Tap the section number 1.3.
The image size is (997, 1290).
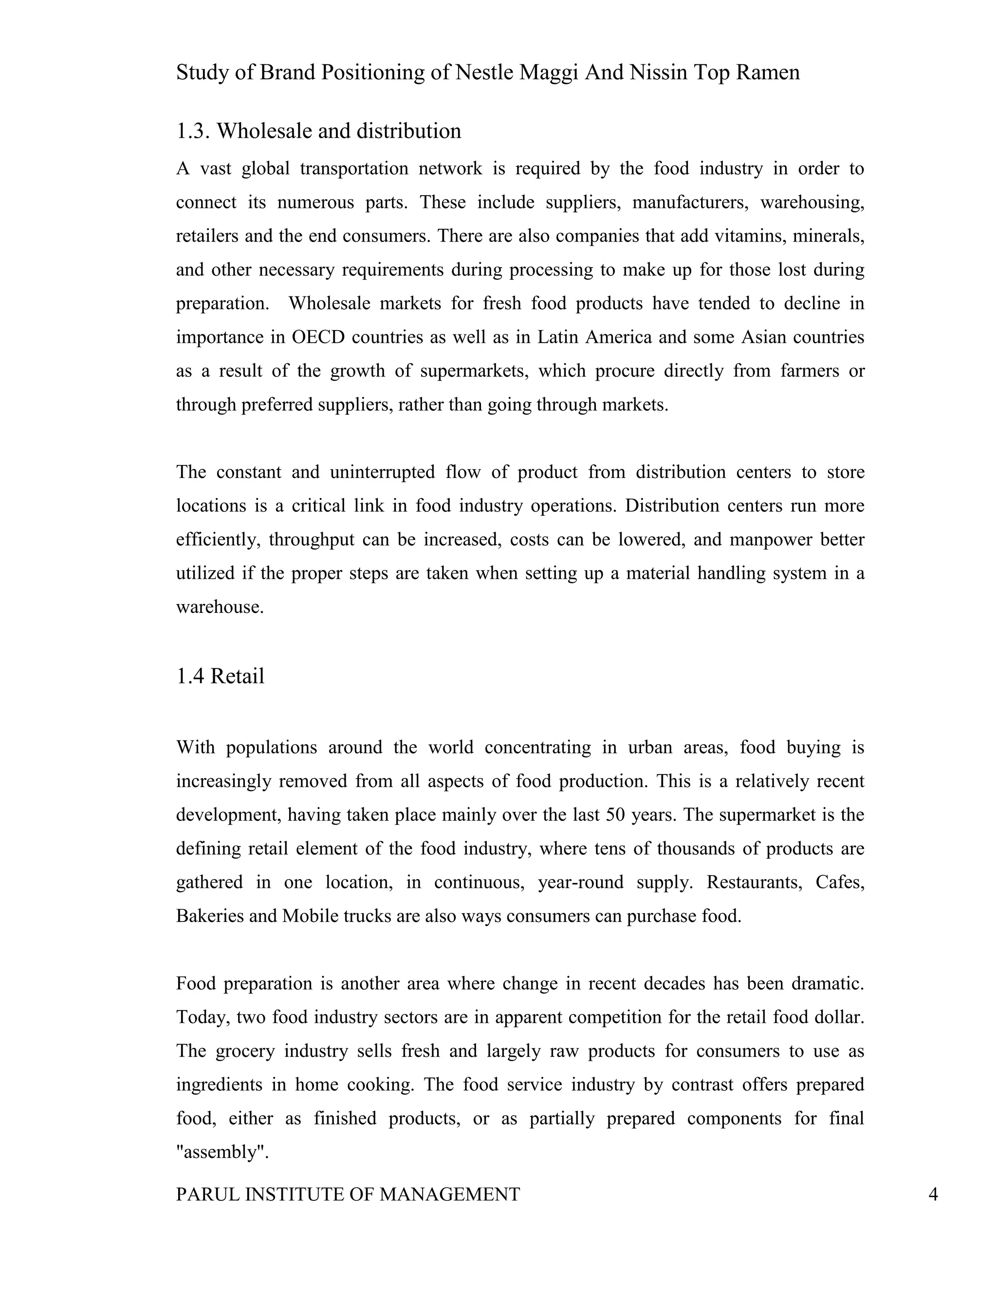coord(193,131)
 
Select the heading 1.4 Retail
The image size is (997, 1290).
coord(221,676)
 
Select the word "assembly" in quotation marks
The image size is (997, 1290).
coord(222,1152)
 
